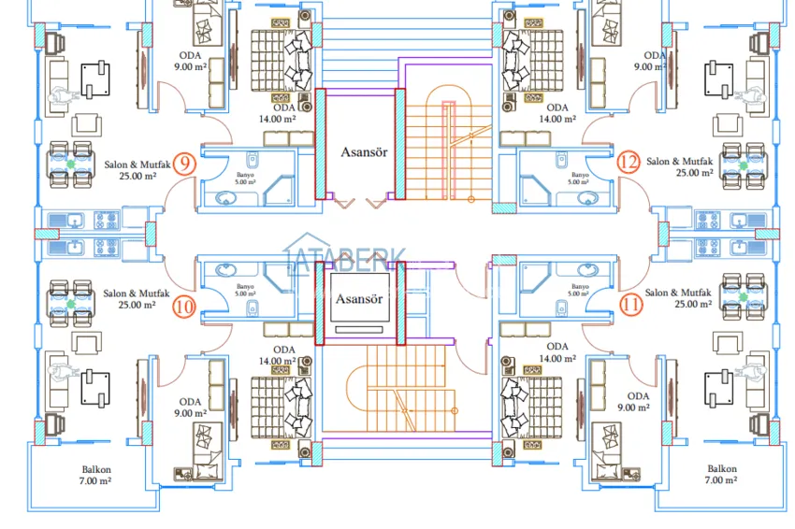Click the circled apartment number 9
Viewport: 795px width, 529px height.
pos(185,164)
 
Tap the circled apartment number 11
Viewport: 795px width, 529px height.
pos(630,302)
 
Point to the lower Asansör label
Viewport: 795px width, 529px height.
pos(360,299)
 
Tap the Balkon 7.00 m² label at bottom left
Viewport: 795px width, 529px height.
pos(92,474)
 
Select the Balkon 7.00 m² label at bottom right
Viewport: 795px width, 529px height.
pos(721,474)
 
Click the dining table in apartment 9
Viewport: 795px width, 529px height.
pos(71,164)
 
